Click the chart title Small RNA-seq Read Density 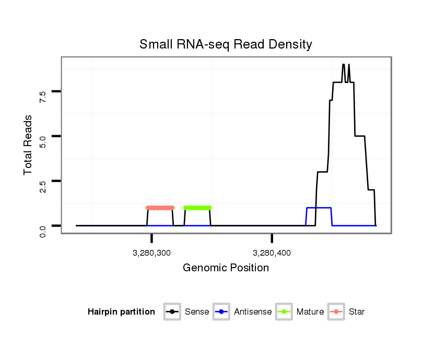[226, 44]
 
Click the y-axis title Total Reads [28, 145]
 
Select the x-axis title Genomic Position [226, 268]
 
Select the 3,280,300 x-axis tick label [151, 253]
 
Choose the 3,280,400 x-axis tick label [272, 253]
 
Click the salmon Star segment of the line [160, 208]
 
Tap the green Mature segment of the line [197, 208]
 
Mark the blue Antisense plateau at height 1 [319, 208]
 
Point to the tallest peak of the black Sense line [343, 65]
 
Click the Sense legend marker [172, 312]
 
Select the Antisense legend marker [222, 312]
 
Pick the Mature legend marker [284, 312]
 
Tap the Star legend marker [336, 312]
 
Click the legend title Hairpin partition [121, 312]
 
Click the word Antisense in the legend [253, 312]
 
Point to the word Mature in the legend [310, 312]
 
